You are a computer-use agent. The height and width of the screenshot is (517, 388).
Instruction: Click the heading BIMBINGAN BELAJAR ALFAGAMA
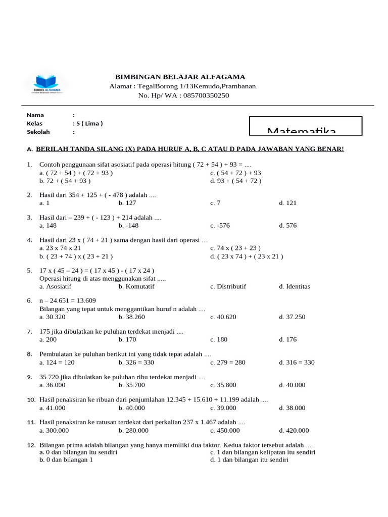(180, 77)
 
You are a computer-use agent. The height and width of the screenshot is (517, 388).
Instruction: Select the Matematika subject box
(306, 126)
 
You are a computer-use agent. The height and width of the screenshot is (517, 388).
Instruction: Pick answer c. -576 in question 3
(220, 226)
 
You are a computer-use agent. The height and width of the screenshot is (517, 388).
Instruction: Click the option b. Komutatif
(136, 286)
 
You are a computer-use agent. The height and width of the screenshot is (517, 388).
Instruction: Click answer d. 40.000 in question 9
(292, 385)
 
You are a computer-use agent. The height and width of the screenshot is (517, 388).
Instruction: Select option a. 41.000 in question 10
(52, 408)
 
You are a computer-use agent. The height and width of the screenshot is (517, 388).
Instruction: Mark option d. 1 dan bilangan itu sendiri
(249, 460)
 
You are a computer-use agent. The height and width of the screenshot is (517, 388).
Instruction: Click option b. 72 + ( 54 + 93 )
(65, 180)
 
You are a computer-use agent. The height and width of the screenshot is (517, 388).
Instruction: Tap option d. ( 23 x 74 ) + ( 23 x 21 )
(247, 256)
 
